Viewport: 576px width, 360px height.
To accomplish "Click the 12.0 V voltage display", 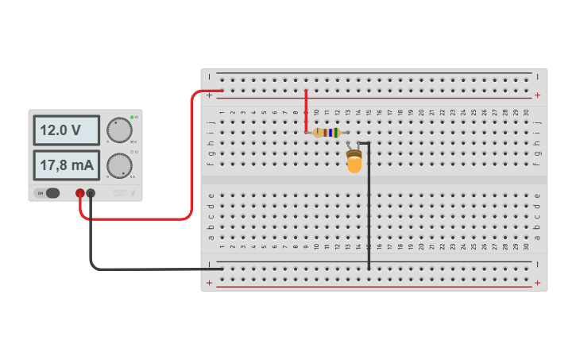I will [x=66, y=130].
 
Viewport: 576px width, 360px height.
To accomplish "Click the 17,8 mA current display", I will [x=66, y=165].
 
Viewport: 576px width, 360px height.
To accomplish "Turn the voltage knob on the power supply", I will [x=119, y=130].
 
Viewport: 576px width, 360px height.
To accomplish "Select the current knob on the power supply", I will [x=119, y=165].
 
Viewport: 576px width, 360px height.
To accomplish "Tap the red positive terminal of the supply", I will [x=80, y=193].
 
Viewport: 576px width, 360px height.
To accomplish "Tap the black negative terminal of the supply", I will [x=91, y=193].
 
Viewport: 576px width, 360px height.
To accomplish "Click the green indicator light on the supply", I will [x=132, y=118].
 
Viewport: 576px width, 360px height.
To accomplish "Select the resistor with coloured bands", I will [x=327, y=133].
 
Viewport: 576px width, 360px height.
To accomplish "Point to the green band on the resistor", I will [x=337, y=133].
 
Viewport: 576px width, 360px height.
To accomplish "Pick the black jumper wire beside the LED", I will [x=369, y=207].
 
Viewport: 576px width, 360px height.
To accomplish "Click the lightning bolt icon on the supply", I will [x=133, y=193].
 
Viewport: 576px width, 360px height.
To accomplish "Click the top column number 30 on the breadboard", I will [x=526, y=112].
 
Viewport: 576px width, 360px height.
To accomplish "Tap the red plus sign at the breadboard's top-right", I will [x=537, y=95].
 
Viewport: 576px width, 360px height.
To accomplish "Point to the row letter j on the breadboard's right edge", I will [x=537, y=122].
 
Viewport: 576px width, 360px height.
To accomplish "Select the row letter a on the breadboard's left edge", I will [x=211, y=237].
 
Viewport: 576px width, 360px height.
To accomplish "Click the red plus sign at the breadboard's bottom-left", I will [x=210, y=283].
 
